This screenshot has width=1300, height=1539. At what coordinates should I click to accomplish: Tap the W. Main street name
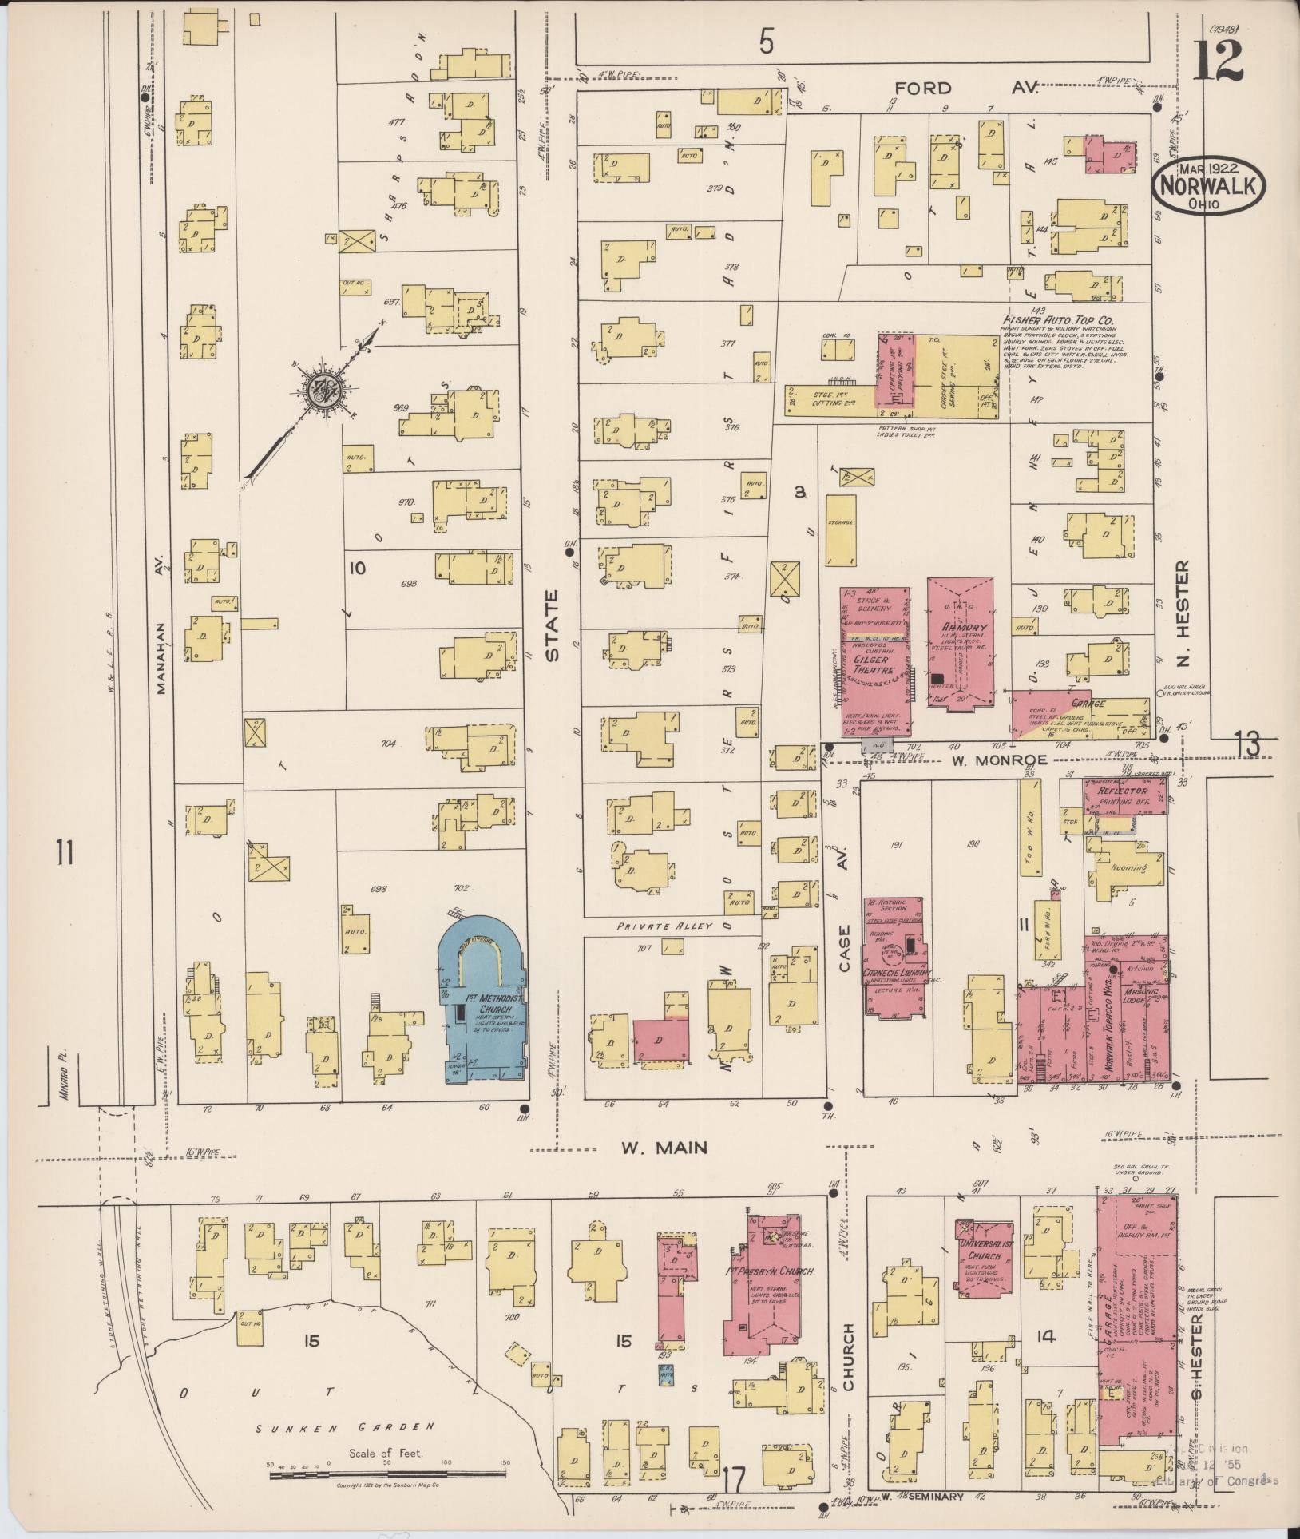click(664, 1148)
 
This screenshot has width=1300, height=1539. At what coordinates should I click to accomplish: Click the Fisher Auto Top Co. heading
click(1060, 319)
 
